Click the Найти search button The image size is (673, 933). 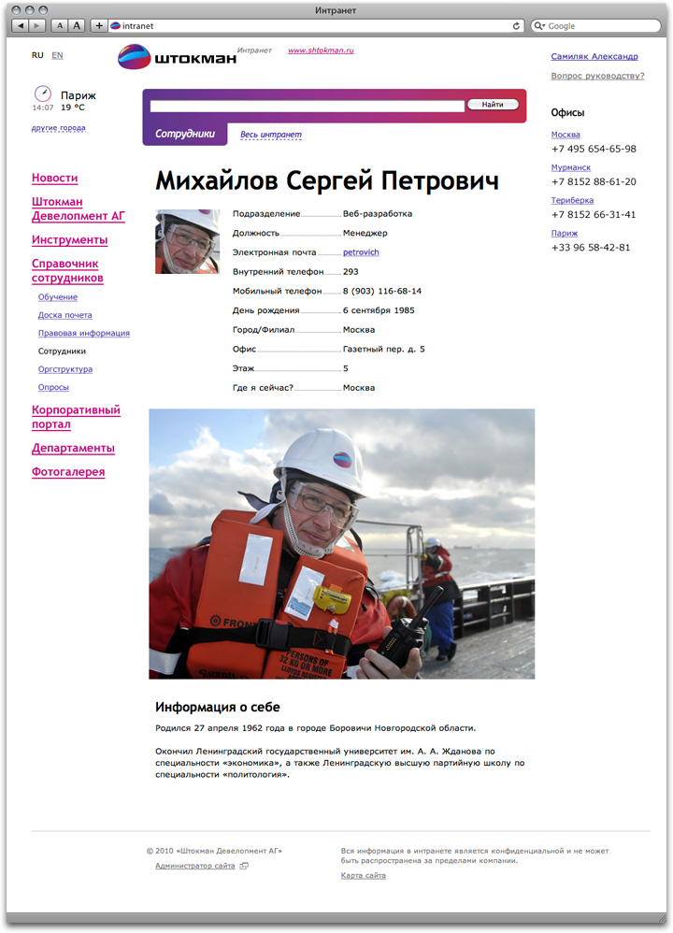(493, 105)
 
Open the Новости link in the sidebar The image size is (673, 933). (54, 178)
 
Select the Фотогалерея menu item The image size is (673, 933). (68, 472)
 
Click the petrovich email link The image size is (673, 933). (361, 252)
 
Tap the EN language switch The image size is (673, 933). (57, 55)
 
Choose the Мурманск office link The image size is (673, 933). (570, 167)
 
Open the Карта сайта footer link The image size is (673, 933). (363, 876)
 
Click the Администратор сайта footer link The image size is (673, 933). (195, 867)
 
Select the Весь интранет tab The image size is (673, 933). (271, 135)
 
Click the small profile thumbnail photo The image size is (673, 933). (187, 241)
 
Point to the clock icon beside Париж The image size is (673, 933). (42, 93)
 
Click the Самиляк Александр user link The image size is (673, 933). (594, 57)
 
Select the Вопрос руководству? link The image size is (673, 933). (597, 76)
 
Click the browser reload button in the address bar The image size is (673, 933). (517, 26)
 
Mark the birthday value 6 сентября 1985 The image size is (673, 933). (379, 310)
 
